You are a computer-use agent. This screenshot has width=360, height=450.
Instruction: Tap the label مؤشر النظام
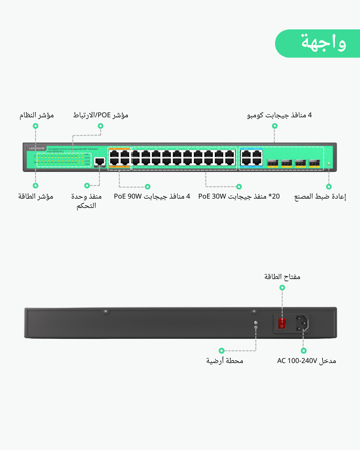37,115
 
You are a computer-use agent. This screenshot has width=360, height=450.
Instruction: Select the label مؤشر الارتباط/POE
100,115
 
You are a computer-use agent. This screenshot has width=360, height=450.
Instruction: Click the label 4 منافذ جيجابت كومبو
279,115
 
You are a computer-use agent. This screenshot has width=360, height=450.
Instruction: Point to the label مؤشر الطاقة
36,196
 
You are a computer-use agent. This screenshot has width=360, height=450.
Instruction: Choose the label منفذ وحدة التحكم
86,201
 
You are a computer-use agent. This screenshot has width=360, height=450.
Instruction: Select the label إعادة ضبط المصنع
320,196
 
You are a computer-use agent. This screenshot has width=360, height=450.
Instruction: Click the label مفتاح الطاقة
282,277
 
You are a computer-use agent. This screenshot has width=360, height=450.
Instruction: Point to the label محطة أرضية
225,361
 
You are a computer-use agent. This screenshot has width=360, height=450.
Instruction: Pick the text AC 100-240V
297,361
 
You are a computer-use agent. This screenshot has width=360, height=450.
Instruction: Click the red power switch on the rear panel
282,323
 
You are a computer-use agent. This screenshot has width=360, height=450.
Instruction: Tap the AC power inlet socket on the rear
302,323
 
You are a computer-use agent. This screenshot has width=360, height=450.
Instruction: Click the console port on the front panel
100,161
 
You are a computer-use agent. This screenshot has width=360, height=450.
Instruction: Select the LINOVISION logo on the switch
37,148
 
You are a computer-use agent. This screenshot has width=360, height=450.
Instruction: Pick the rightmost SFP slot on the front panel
314,163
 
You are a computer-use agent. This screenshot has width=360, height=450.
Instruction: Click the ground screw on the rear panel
256,323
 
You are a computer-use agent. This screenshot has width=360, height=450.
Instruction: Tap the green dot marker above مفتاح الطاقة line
282,288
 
